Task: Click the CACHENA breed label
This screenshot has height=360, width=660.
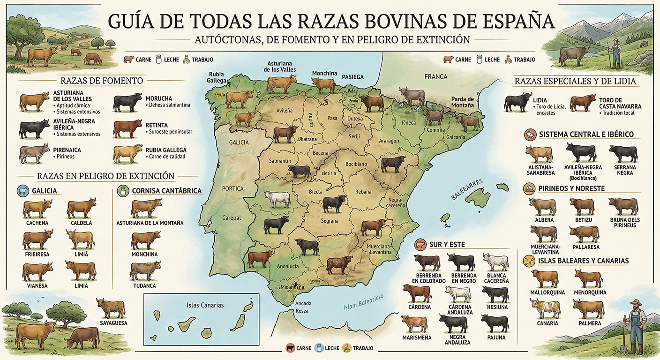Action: pyautogui.click(x=37, y=223)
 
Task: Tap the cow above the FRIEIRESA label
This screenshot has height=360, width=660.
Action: pyautogui.click(x=37, y=239)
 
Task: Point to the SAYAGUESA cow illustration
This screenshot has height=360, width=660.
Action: pyautogui.click(x=111, y=308)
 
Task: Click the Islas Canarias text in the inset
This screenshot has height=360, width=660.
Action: pyautogui.click(x=205, y=305)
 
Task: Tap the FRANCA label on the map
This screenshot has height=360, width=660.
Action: pyautogui.click(x=436, y=76)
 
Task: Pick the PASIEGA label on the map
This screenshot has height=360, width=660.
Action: pyautogui.click(x=352, y=77)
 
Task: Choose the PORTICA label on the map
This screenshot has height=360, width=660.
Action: pyautogui.click(x=233, y=188)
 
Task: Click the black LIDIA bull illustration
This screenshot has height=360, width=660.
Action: pyautogui.click(x=518, y=103)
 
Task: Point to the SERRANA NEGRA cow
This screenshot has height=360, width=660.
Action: pyautogui.click(x=623, y=153)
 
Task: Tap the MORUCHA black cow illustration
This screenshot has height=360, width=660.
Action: pyautogui.click(x=127, y=102)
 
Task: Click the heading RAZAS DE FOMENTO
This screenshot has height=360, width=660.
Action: pyautogui.click(x=102, y=81)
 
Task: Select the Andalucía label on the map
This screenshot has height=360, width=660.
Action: pyautogui.click(x=288, y=266)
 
